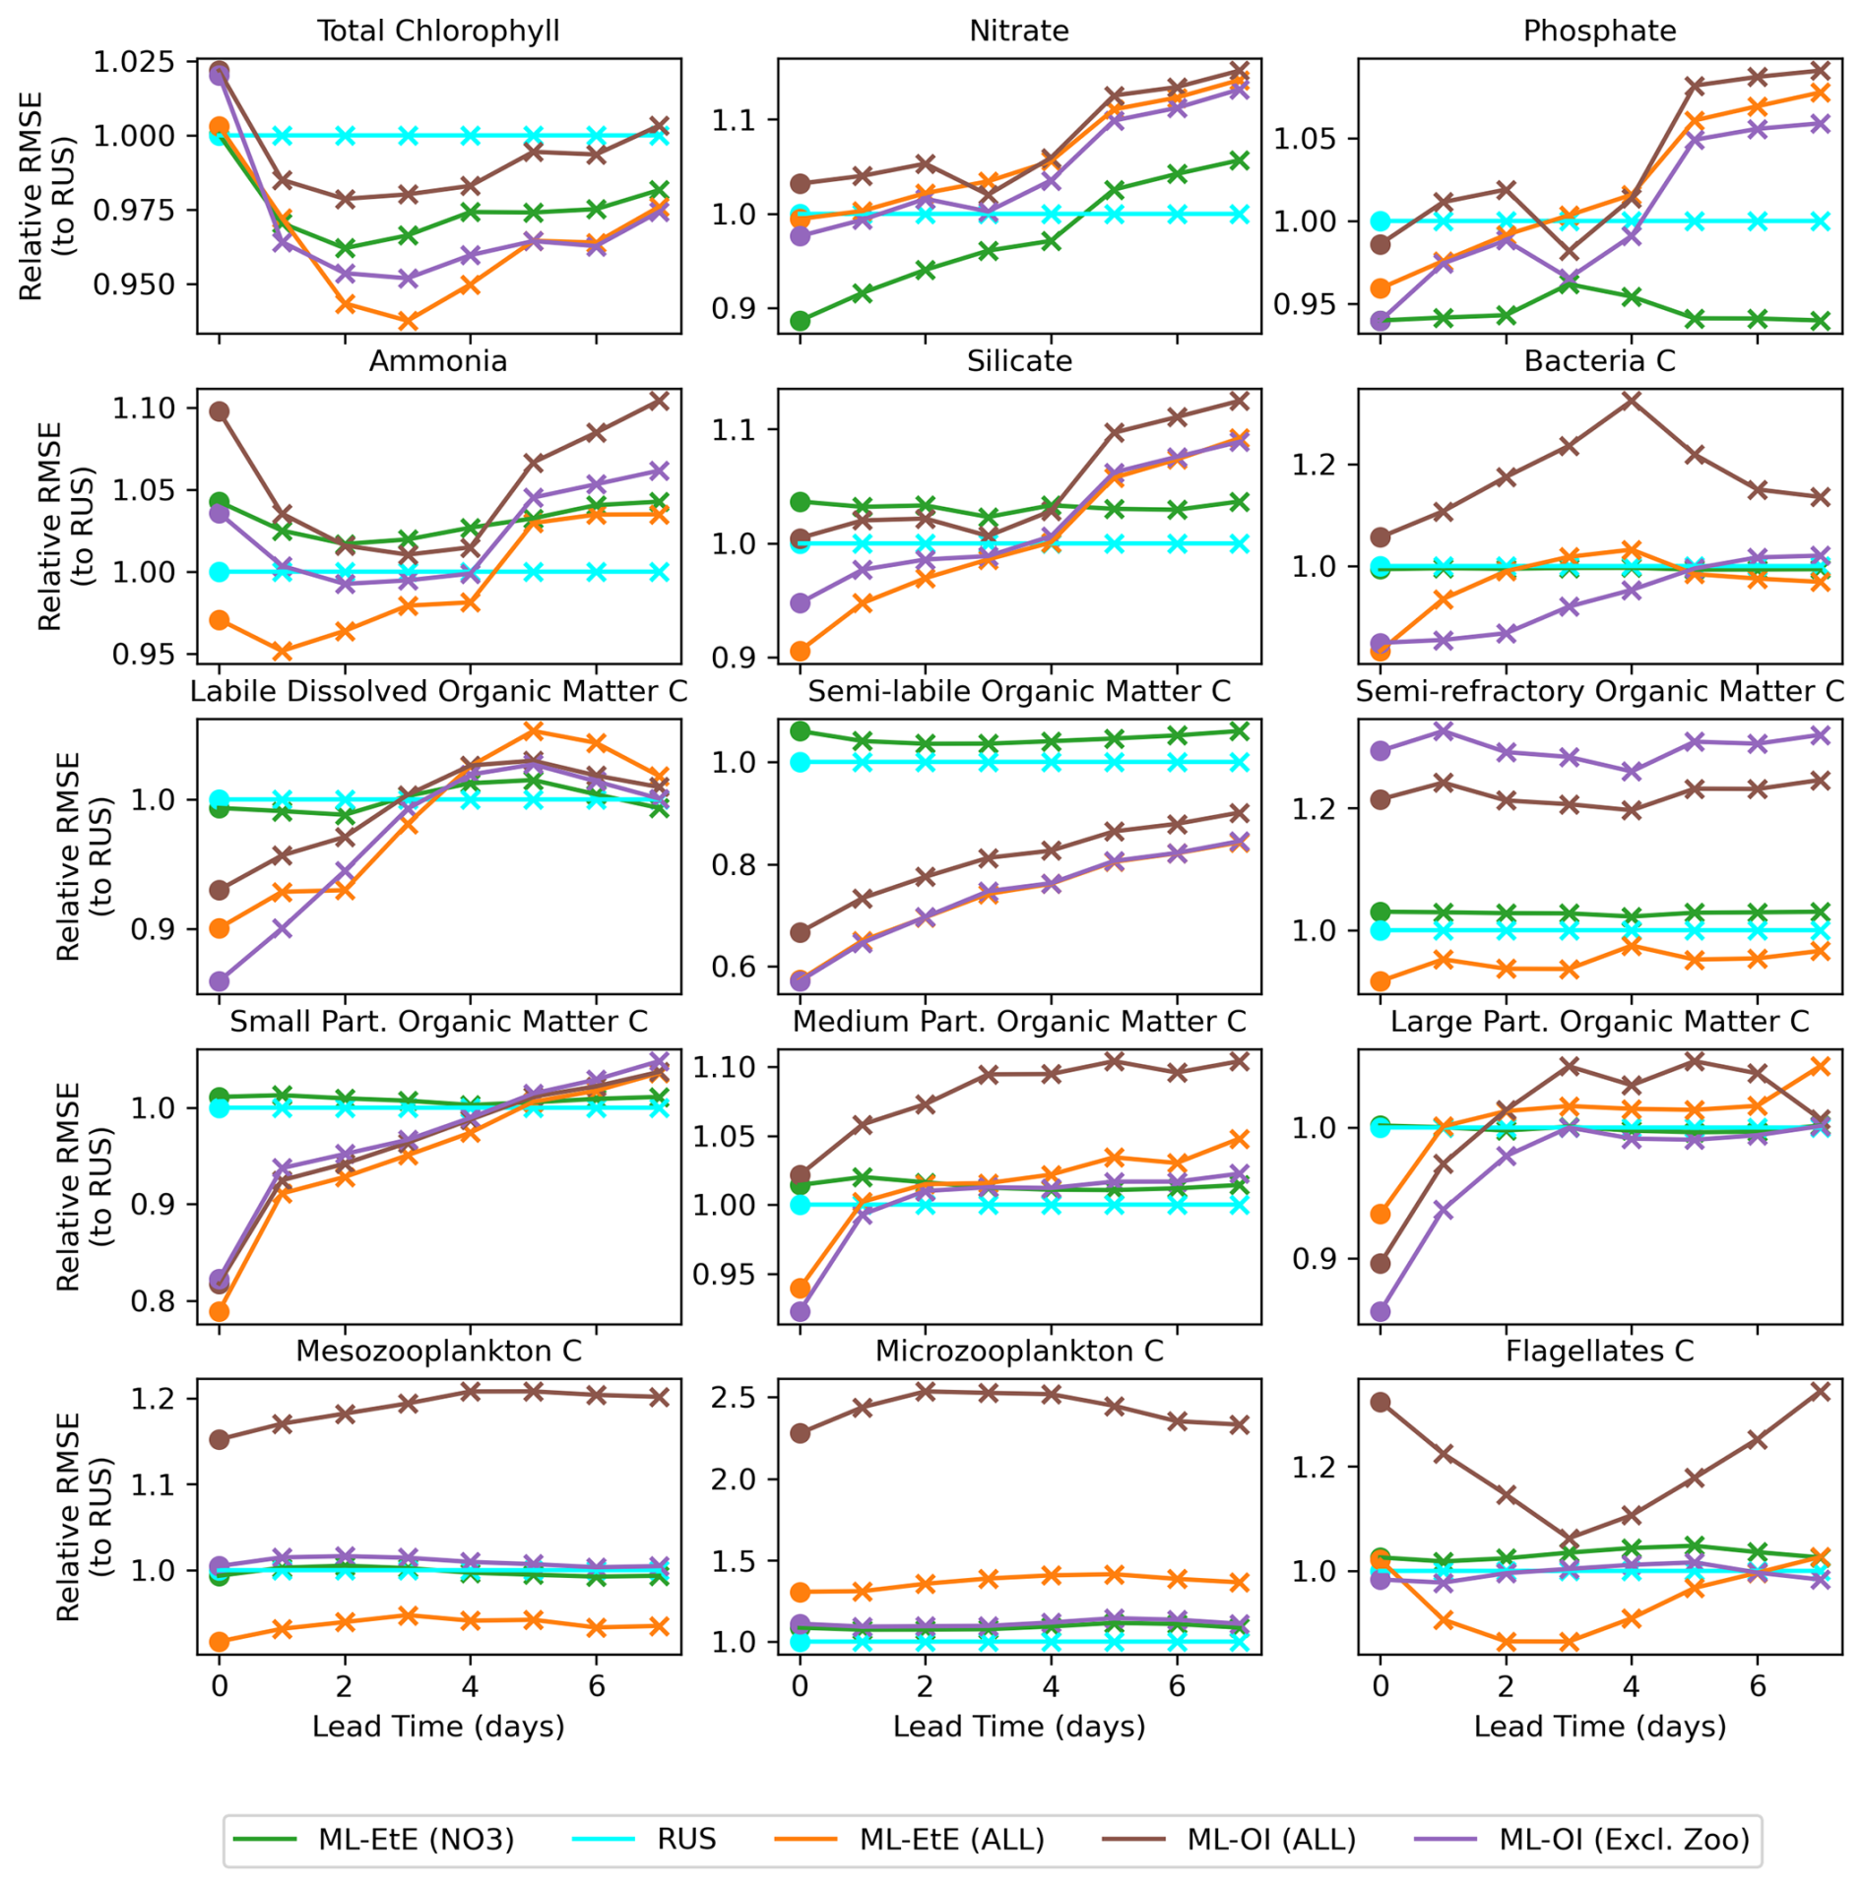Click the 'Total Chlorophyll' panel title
pyautogui.click(x=438, y=31)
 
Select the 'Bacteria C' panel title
pyautogui.click(x=1599, y=361)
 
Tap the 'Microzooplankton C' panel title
pyautogui.click(x=1019, y=1351)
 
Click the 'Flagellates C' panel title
pyautogui.click(x=1599, y=1351)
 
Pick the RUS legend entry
pyautogui.click(x=686, y=1839)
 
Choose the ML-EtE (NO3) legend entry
pyautogui.click(x=416, y=1839)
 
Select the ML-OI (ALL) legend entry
pyautogui.click(x=1271, y=1839)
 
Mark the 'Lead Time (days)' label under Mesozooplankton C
pyautogui.click(x=438, y=1726)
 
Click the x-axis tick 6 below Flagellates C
pyautogui.click(x=1758, y=1685)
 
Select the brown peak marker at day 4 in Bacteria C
pyautogui.click(x=1632, y=400)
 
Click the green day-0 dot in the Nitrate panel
pyautogui.click(x=801, y=321)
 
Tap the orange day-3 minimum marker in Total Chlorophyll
pyautogui.click(x=408, y=321)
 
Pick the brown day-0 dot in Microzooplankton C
pyautogui.click(x=801, y=1433)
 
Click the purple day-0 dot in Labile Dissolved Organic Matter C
pyautogui.click(x=220, y=981)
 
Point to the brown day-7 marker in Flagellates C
pyautogui.click(x=1821, y=1391)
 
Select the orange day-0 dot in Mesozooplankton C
pyautogui.click(x=220, y=1641)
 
